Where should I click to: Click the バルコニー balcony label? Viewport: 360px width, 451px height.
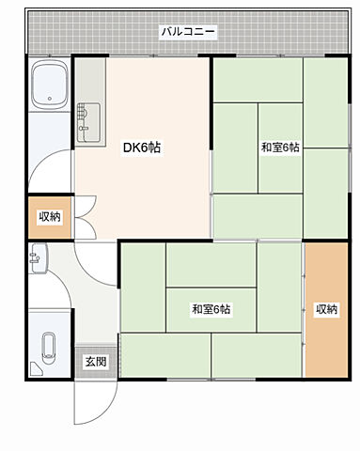coord(188,31)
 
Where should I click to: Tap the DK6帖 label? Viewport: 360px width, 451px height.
coord(142,148)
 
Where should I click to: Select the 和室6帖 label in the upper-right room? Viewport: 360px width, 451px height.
coord(280,148)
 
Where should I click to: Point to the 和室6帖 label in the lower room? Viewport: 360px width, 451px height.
coord(211,309)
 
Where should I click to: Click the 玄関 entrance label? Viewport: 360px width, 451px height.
coord(96,362)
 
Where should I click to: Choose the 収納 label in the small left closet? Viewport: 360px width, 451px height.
coord(50,216)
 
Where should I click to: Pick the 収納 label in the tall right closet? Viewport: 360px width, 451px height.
coord(327,309)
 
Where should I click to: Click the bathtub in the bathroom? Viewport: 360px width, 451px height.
coord(50,85)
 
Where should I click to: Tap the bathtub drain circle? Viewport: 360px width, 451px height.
coord(50,99)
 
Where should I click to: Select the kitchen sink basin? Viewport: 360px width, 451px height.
coord(88,122)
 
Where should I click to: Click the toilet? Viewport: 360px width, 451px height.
coord(49,348)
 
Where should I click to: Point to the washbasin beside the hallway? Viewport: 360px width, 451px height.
coord(39,258)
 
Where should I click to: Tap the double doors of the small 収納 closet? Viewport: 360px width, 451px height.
coord(85,217)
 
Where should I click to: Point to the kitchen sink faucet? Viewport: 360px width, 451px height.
coord(84,129)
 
